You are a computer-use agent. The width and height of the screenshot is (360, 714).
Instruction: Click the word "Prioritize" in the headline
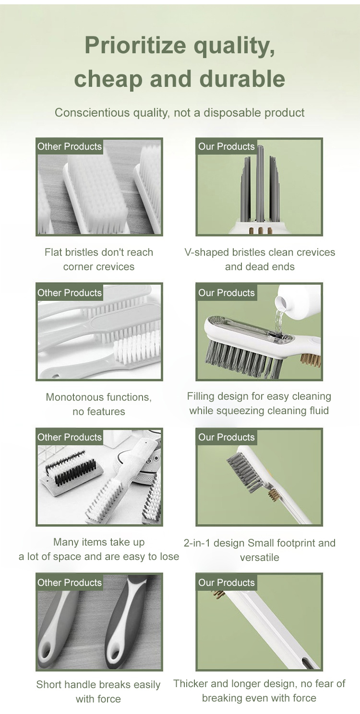135,45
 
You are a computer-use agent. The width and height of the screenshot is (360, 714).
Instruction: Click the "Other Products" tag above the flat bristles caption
70,146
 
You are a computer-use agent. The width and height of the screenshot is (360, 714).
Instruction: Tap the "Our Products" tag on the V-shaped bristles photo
227,146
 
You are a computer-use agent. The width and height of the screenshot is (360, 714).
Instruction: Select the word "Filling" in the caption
198,396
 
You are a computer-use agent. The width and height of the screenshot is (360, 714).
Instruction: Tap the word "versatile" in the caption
260,558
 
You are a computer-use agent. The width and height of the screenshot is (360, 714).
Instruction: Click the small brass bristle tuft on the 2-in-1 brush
273,495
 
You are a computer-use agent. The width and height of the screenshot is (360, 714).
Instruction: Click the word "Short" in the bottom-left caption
48,684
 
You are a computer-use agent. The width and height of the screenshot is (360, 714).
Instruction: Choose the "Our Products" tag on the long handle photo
227,583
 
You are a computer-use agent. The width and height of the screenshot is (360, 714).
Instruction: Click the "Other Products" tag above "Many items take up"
70,437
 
